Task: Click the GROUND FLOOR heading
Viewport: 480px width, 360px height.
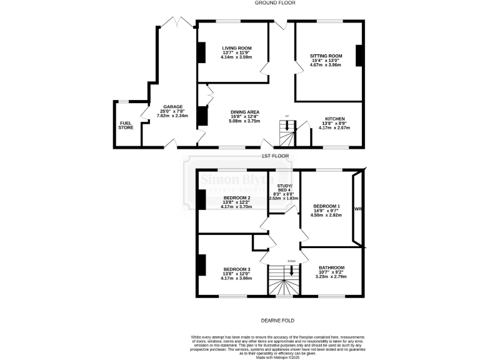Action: pos(239,3)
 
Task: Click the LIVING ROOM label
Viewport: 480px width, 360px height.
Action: pos(236,48)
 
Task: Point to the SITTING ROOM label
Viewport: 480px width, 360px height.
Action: pos(326,56)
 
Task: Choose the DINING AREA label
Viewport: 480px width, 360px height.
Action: pos(244,112)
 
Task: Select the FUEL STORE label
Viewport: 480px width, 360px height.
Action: pos(126,125)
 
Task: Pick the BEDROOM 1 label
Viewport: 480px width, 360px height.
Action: pos(327,206)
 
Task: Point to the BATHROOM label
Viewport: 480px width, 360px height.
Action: pos(331,267)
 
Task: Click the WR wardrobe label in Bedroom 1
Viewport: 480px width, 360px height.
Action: pos(358,209)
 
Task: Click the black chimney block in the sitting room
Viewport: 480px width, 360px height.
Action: pos(359,56)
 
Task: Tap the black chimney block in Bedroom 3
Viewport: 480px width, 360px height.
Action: pos(202,265)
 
